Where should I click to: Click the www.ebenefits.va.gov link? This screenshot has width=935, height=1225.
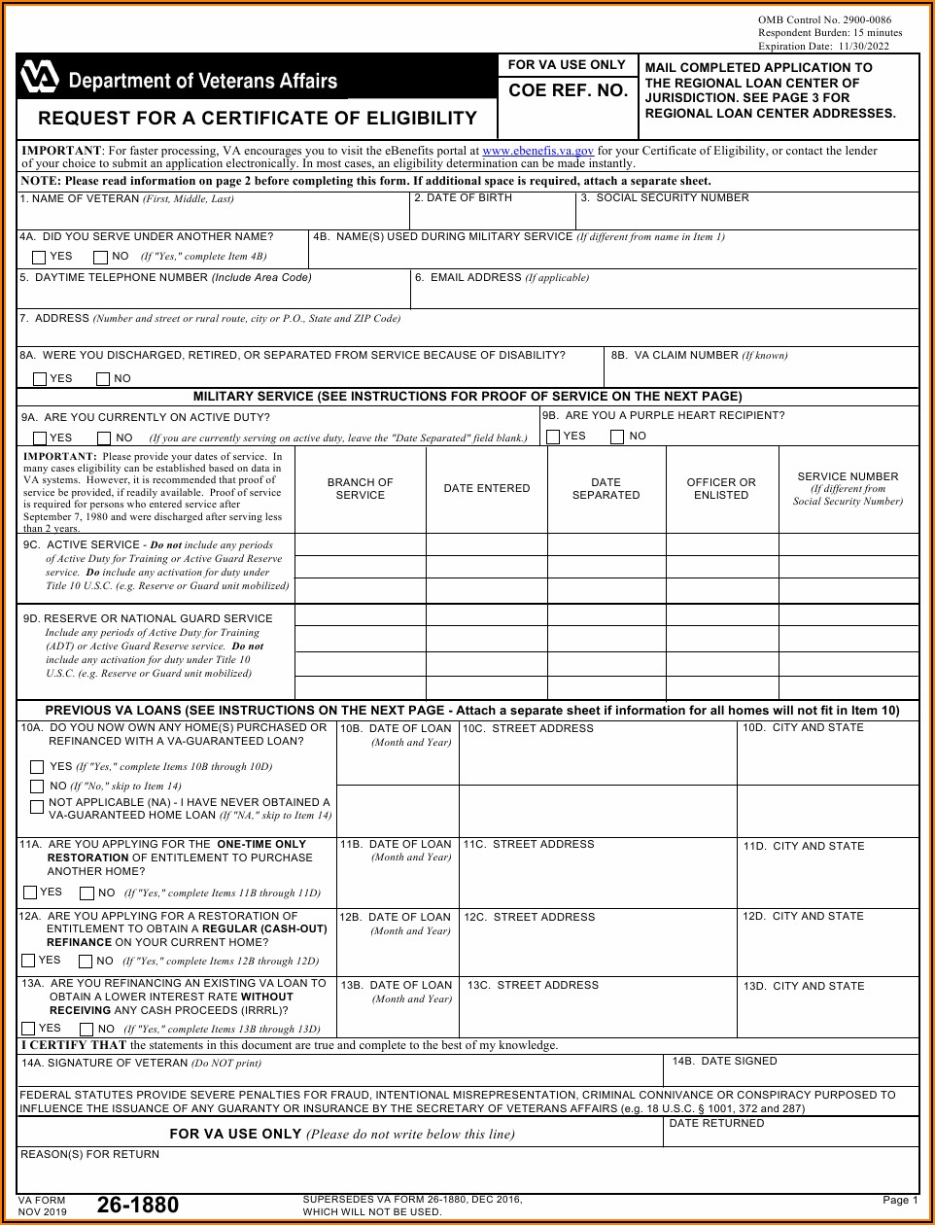pyautogui.click(x=537, y=152)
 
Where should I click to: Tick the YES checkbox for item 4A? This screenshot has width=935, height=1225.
pyautogui.click(x=39, y=258)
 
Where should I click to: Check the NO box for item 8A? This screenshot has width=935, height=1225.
pyautogui.click(x=103, y=379)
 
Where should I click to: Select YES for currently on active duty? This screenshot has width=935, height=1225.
pyautogui.click(x=40, y=438)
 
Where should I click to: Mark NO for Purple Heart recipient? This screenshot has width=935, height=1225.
pyautogui.click(x=617, y=437)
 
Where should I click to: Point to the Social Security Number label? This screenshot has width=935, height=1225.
pyautogui.click(x=665, y=198)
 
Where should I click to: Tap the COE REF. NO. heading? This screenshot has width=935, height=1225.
pyautogui.click(x=568, y=91)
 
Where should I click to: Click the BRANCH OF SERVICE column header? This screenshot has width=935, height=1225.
pyautogui.click(x=360, y=489)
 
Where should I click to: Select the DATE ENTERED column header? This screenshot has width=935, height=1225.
pyautogui.click(x=487, y=489)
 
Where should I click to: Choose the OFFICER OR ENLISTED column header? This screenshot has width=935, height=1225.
pyautogui.click(x=720, y=489)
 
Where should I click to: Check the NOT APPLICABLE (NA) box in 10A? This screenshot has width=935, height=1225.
pyautogui.click(x=37, y=808)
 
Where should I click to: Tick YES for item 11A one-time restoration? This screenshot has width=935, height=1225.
pyautogui.click(x=30, y=892)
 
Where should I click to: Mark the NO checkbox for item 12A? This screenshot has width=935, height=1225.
pyautogui.click(x=86, y=962)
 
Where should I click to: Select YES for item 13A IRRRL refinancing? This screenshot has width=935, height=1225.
pyautogui.click(x=28, y=1029)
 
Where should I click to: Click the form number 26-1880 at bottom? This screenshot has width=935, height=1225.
pyautogui.click(x=137, y=1206)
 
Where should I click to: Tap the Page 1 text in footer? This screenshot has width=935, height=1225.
pyautogui.click(x=899, y=1201)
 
